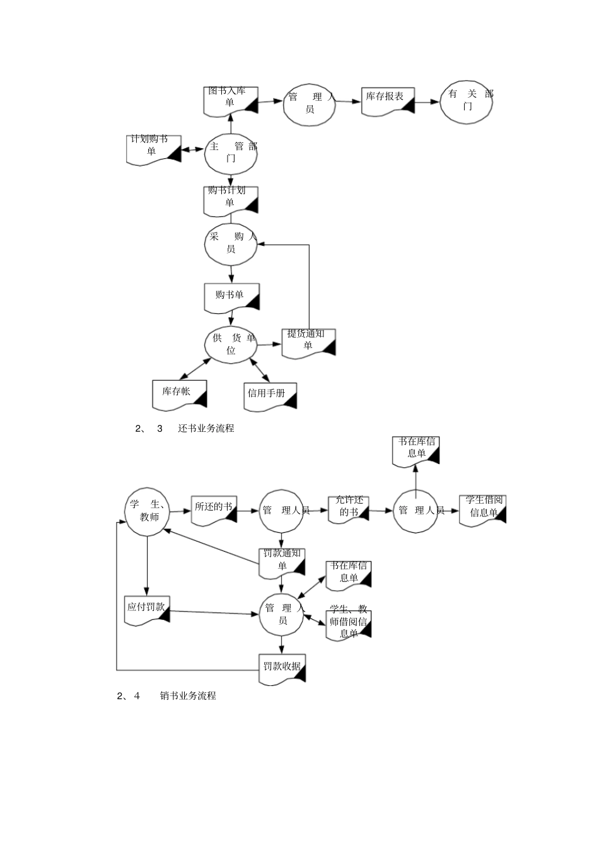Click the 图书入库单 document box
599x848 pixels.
(x=230, y=100)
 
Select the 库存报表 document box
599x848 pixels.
(x=387, y=100)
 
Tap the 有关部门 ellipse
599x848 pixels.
(x=467, y=102)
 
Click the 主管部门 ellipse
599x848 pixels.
(x=231, y=153)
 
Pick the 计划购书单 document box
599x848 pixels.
(x=153, y=149)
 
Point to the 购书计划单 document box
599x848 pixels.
(x=231, y=200)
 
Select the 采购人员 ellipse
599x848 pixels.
(x=231, y=243)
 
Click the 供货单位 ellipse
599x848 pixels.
(x=231, y=344)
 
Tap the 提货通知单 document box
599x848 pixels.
(x=308, y=343)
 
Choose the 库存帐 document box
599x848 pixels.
(x=179, y=394)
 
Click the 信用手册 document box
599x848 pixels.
(x=269, y=396)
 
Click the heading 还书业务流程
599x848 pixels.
(x=206, y=429)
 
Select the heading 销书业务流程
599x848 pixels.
(x=188, y=696)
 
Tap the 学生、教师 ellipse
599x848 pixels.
(x=147, y=511)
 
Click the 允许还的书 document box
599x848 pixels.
(x=348, y=509)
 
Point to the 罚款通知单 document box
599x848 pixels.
(x=282, y=562)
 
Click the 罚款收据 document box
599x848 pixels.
(x=282, y=668)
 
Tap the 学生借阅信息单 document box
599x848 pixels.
(x=483, y=509)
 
